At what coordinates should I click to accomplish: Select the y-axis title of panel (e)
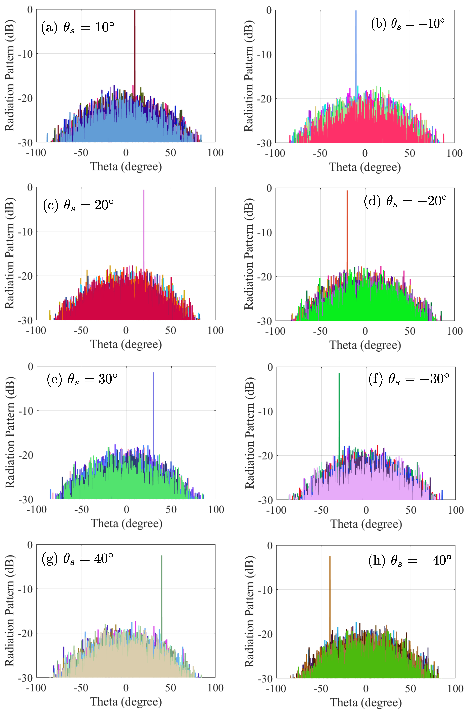click(x=10, y=433)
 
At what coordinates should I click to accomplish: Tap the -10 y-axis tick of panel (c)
click(x=25, y=232)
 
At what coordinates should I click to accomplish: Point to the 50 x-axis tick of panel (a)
click(x=170, y=153)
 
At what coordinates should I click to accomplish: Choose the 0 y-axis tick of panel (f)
click(x=270, y=367)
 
